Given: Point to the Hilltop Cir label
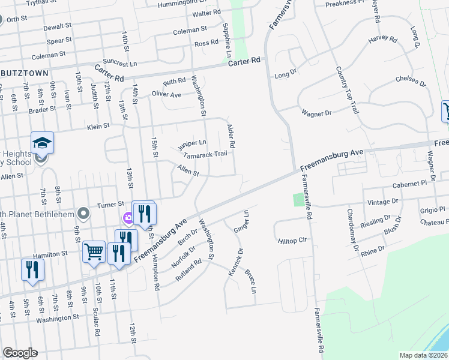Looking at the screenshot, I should pyautogui.click(x=292, y=241).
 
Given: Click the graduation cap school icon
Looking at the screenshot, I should pyautogui.click(x=42, y=143).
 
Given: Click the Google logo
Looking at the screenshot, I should pyautogui.click(x=20, y=353).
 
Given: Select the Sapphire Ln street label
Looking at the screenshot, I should pyautogui.click(x=227, y=40).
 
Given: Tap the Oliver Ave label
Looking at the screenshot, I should pyautogui.click(x=166, y=95).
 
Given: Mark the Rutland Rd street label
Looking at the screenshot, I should pyautogui.click(x=188, y=270).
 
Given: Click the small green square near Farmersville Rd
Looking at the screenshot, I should pyautogui.click(x=298, y=199).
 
